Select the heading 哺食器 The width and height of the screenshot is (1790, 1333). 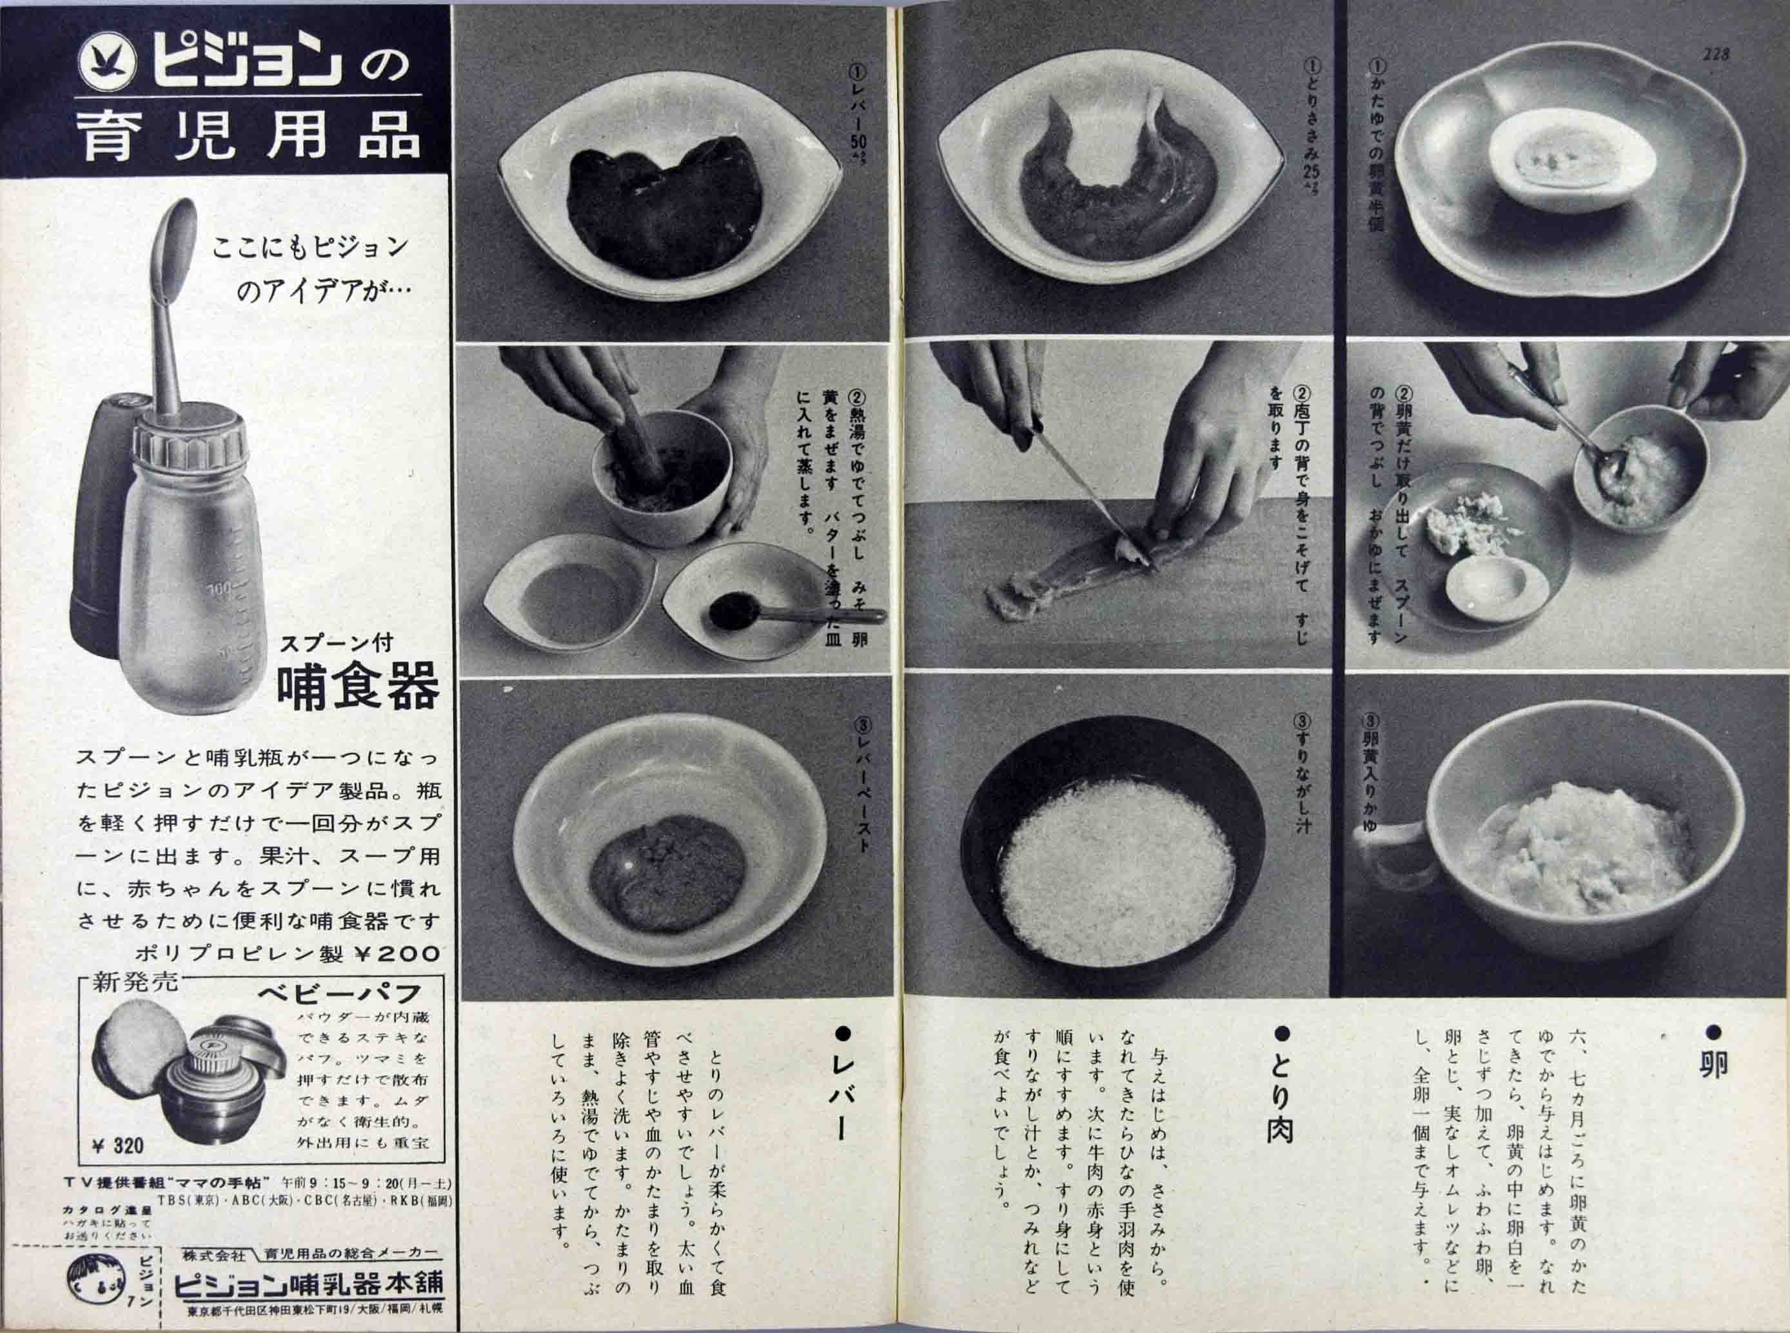tap(357, 688)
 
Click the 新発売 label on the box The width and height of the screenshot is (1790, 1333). tap(131, 984)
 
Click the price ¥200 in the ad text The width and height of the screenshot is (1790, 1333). tap(397, 954)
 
